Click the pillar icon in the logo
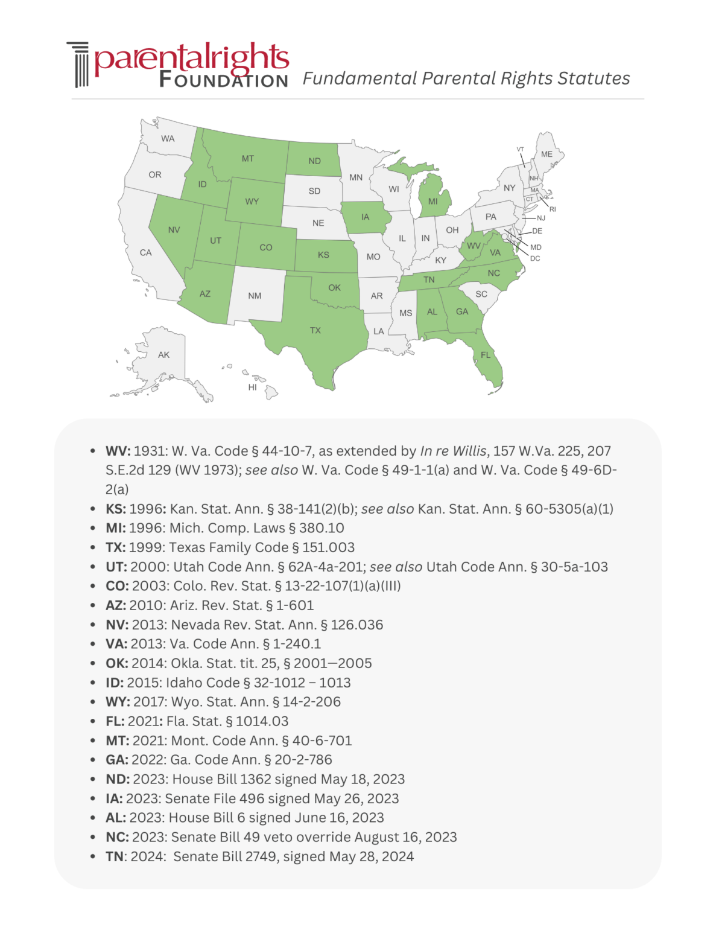78,65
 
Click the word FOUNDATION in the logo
223,80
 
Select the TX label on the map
315,331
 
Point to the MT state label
248,159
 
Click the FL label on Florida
486,355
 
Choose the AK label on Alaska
163,355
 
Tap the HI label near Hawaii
252,387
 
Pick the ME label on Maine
547,154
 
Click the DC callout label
535,258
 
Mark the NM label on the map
255,296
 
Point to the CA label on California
145,253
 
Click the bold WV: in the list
118,451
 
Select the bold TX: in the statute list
116,547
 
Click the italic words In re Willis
453,451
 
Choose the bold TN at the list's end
115,856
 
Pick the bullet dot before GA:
92,760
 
